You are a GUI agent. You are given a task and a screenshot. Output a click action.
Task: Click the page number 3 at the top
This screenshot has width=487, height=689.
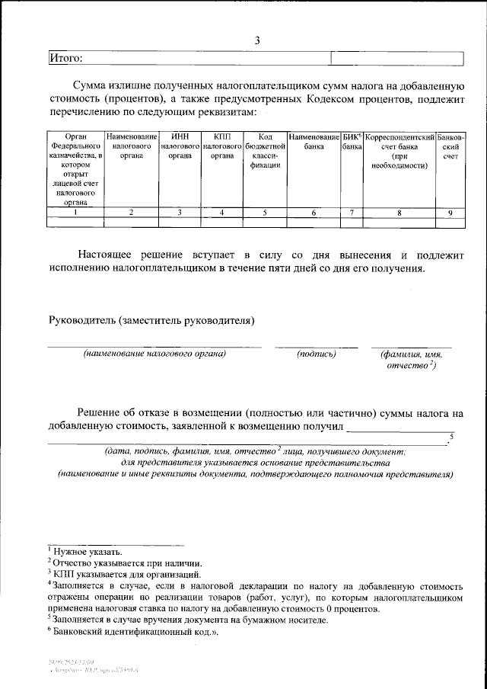(257, 40)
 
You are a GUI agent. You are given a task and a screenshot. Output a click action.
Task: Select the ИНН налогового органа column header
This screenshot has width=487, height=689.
(180, 145)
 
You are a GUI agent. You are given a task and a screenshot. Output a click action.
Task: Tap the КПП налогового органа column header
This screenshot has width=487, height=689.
(222, 145)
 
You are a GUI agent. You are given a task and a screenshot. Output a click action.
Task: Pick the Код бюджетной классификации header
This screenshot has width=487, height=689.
(265, 150)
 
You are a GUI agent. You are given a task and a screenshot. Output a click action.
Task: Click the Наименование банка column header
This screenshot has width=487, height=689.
(314, 140)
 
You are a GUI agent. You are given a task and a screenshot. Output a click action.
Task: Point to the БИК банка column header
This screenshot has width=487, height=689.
(351, 140)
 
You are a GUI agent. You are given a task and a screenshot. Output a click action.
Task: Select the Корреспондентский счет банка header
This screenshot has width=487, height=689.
(399, 150)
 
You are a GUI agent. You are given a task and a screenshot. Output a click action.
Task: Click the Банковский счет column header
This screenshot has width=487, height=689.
(450, 145)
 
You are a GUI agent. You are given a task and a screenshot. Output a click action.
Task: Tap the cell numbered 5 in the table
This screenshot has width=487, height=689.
(265, 213)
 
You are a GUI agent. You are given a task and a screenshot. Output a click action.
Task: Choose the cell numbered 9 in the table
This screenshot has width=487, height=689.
(450, 213)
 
